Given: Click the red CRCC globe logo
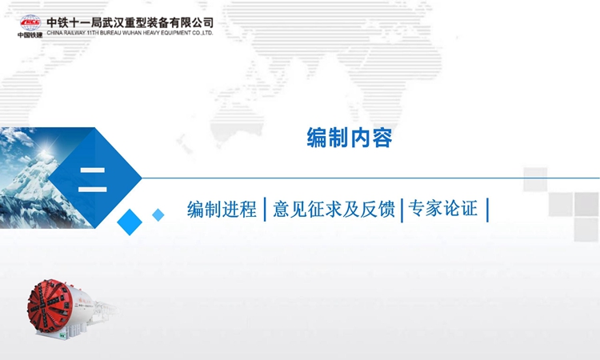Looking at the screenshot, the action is pos(30,22).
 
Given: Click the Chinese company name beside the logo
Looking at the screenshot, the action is pos(130,22).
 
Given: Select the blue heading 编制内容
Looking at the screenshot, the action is pos(350,138).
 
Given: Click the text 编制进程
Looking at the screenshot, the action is pos(222,210).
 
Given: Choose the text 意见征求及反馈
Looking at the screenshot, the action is pos(334,210).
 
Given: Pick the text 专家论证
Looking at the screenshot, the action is pos(443,209).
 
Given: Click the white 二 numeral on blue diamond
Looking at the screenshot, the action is pos(92,179).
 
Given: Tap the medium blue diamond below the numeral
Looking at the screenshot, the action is pos(130,222).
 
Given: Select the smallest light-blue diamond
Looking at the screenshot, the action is pos(158,215).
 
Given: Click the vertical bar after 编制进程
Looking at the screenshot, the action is pos(265,210).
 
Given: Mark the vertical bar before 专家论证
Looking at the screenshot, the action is pos(402,210).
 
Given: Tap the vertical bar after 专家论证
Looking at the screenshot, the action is pos(487,210).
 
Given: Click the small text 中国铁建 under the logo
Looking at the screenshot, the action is pos(30,35).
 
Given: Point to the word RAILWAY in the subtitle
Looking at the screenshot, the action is pos(74,33).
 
